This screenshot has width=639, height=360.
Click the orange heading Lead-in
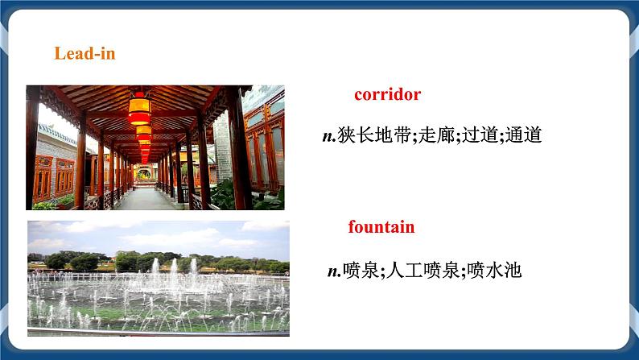(85, 54)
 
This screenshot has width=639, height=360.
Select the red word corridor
(387, 94)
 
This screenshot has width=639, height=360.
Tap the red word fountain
(381, 226)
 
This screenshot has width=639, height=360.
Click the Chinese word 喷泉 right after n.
(361, 271)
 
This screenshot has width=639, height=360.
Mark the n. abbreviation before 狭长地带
(328, 136)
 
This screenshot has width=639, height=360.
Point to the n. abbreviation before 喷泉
(334, 271)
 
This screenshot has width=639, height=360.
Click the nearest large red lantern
(139, 106)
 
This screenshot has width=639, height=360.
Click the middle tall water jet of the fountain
(172, 274)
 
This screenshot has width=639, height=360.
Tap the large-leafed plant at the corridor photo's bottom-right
(266, 197)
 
